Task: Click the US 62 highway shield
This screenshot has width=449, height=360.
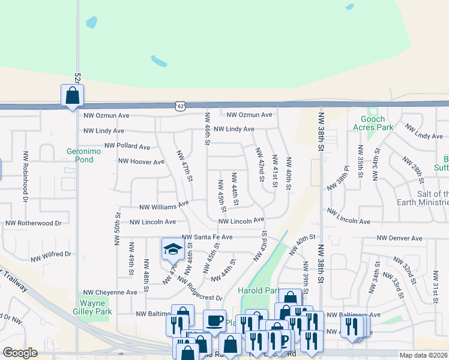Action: point(181,106)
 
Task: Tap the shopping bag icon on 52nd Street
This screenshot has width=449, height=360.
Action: point(72,95)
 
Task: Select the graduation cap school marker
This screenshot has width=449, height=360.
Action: point(172,249)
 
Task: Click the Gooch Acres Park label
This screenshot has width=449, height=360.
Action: point(373,123)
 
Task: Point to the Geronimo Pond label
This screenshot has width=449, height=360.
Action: point(80,155)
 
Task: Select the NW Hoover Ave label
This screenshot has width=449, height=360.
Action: point(141,161)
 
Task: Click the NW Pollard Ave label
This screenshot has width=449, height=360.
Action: point(127,146)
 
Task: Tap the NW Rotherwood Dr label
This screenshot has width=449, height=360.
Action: point(34,223)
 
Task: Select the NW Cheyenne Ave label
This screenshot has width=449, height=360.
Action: point(110,292)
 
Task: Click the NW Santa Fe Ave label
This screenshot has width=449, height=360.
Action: point(206,238)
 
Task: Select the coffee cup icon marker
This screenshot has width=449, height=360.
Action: point(214,320)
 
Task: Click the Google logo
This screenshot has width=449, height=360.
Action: point(19,353)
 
